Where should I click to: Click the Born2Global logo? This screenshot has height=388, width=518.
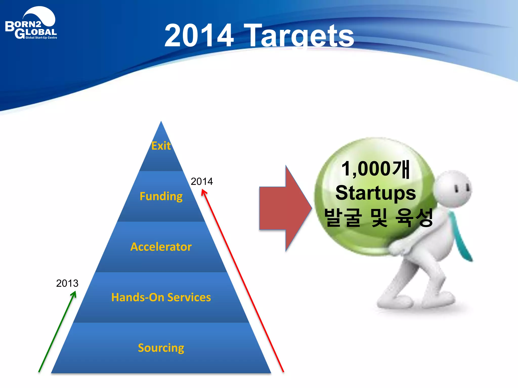tap(31, 24)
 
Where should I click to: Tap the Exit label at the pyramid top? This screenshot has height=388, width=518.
tap(161, 146)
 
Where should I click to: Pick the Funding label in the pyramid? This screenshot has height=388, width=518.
tap(161, 196)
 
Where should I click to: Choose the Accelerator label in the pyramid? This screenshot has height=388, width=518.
tap(161, 247)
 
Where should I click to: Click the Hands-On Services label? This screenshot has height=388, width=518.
tap(161, 297)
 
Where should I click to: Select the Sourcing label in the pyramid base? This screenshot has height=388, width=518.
tap(161, 348)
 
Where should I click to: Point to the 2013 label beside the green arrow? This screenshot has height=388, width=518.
tap(67, 283)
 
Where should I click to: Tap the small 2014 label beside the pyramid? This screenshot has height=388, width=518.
tap(202, 181)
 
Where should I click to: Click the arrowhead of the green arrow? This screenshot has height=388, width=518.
tap(74, 294)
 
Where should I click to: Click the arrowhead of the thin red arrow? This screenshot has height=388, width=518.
tap(204, 193)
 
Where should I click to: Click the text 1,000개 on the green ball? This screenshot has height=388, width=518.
tap(375, 169)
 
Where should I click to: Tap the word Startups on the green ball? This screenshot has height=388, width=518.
tap(376, 193)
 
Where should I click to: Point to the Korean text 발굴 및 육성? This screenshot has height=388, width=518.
tap(378, 217)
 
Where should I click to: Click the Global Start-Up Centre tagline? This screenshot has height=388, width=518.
tap(41, 38)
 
